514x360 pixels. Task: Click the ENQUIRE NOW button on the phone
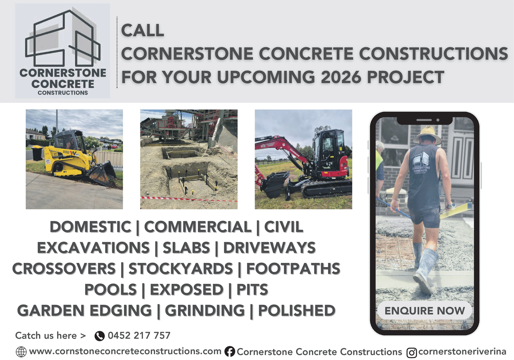coord(424,310)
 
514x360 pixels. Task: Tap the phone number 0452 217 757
coord(139,336)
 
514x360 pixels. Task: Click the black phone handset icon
coord(100,336)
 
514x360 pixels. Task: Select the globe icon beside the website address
coord(21,352)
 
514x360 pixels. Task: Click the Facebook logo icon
coord(230,352)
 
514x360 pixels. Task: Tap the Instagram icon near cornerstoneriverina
coord(412,353)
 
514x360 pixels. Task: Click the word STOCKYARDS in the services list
coord(181,269)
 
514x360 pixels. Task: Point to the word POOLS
coord(111,289)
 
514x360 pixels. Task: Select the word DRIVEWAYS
coord(270,248)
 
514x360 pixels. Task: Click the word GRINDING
coord(205,310)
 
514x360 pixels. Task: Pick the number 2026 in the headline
coord(341,77)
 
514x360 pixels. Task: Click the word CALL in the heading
coord(143,30)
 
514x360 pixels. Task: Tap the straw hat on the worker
coord(427,135)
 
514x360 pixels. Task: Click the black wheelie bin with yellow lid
coord(37,153)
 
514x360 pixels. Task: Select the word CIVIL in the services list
coord(284,227)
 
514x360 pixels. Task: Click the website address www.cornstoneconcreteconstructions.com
coord(125,351)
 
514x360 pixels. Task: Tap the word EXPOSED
coord(187,289)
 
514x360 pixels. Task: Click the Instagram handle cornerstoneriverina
coord(462,352)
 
